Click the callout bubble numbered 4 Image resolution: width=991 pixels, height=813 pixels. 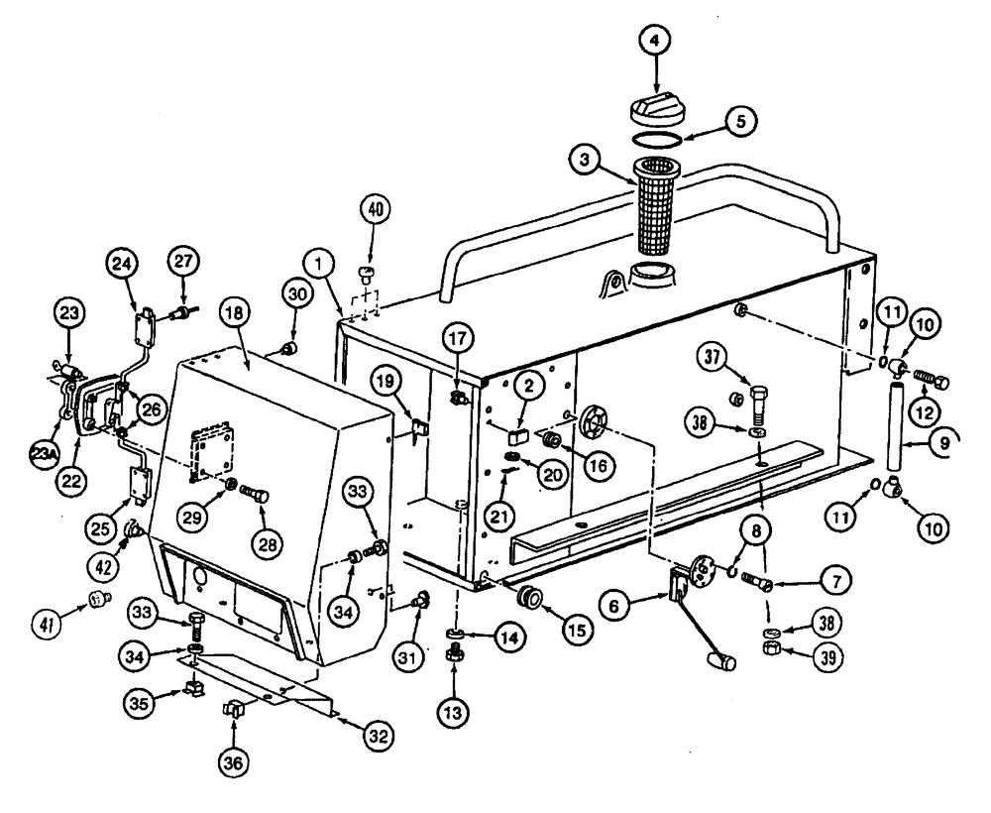[654, 42]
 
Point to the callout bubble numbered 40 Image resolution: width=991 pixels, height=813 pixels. [375, 210]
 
